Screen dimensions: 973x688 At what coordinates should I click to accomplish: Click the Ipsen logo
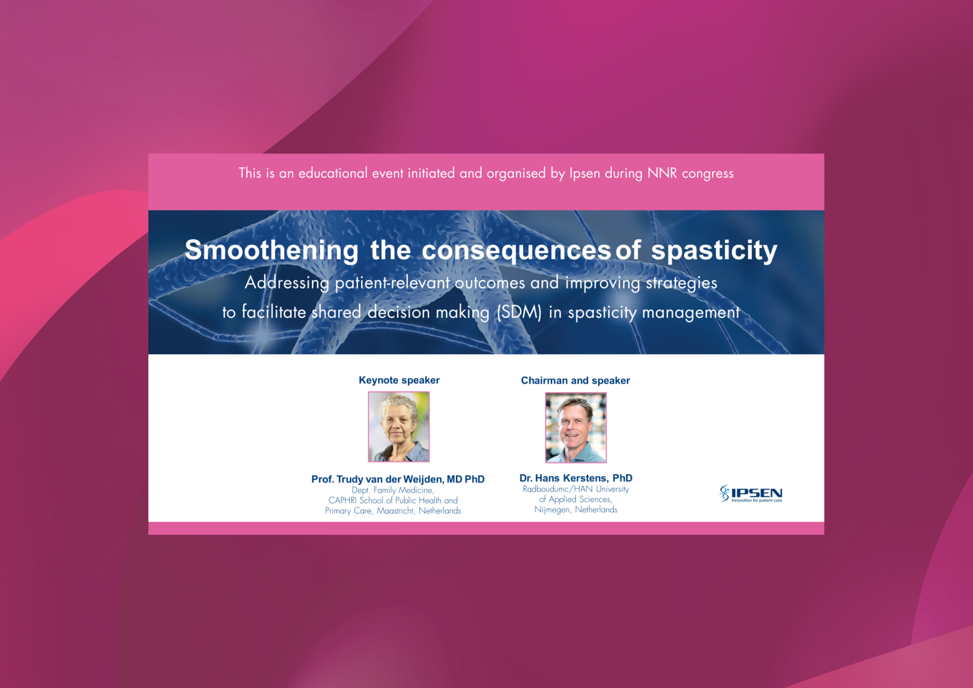click(x=751, y=493)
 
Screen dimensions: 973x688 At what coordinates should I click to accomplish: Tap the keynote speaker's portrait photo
click(x=399, y=427)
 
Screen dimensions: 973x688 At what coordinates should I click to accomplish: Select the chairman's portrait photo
click(x=576, y=428)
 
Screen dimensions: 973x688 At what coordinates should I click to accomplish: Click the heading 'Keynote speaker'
click(x=399, y=380)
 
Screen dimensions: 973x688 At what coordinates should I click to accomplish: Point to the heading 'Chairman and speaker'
click(x=576, y=380)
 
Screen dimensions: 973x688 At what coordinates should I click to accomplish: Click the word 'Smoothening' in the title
click(x=271, y=250)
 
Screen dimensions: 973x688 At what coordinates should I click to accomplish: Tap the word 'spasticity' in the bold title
click(x=714, y=251)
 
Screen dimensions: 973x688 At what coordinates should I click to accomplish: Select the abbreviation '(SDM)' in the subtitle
click(x=519, y=312)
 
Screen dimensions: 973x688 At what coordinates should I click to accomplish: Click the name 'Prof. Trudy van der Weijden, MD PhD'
click(x=398, y=479)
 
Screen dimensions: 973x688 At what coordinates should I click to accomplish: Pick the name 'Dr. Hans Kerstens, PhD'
click(x=576, y=478)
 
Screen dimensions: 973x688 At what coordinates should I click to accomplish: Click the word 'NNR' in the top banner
click(x=662, y=173)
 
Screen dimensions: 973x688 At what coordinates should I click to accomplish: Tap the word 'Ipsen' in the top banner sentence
click(x=585, y=174)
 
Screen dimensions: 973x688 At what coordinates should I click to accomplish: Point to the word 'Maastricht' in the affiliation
click(x=396, y=510)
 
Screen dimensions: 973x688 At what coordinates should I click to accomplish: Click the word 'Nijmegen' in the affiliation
click(x=552, y=510)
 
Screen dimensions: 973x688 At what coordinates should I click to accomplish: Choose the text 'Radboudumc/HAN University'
click(x=576, y=489)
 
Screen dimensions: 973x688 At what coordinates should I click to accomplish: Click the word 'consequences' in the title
click(x=516, y=251)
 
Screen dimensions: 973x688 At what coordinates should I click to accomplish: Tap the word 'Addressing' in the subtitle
click(x=287, y=283)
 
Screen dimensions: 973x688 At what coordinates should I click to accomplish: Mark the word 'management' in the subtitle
click(x=691, y=312)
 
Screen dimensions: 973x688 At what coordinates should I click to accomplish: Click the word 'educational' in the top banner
click(x=333, y=173)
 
